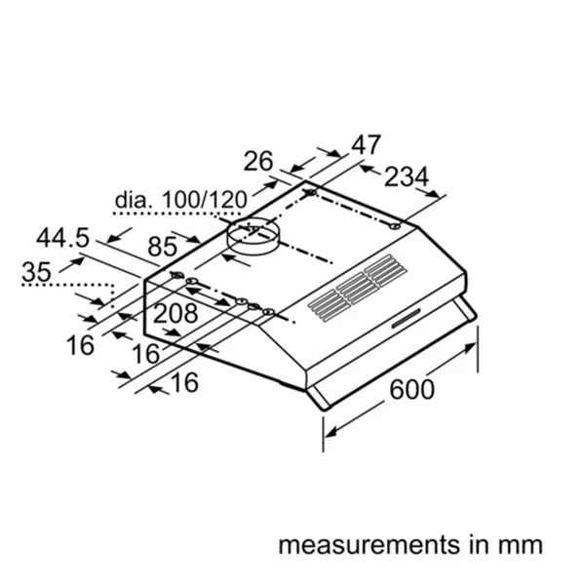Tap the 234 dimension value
point(406,178)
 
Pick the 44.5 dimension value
point(63,237)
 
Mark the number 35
point(37,273)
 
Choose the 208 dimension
point(175,314)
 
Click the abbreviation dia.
point(135,200)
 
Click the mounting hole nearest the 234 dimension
point(393,227)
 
